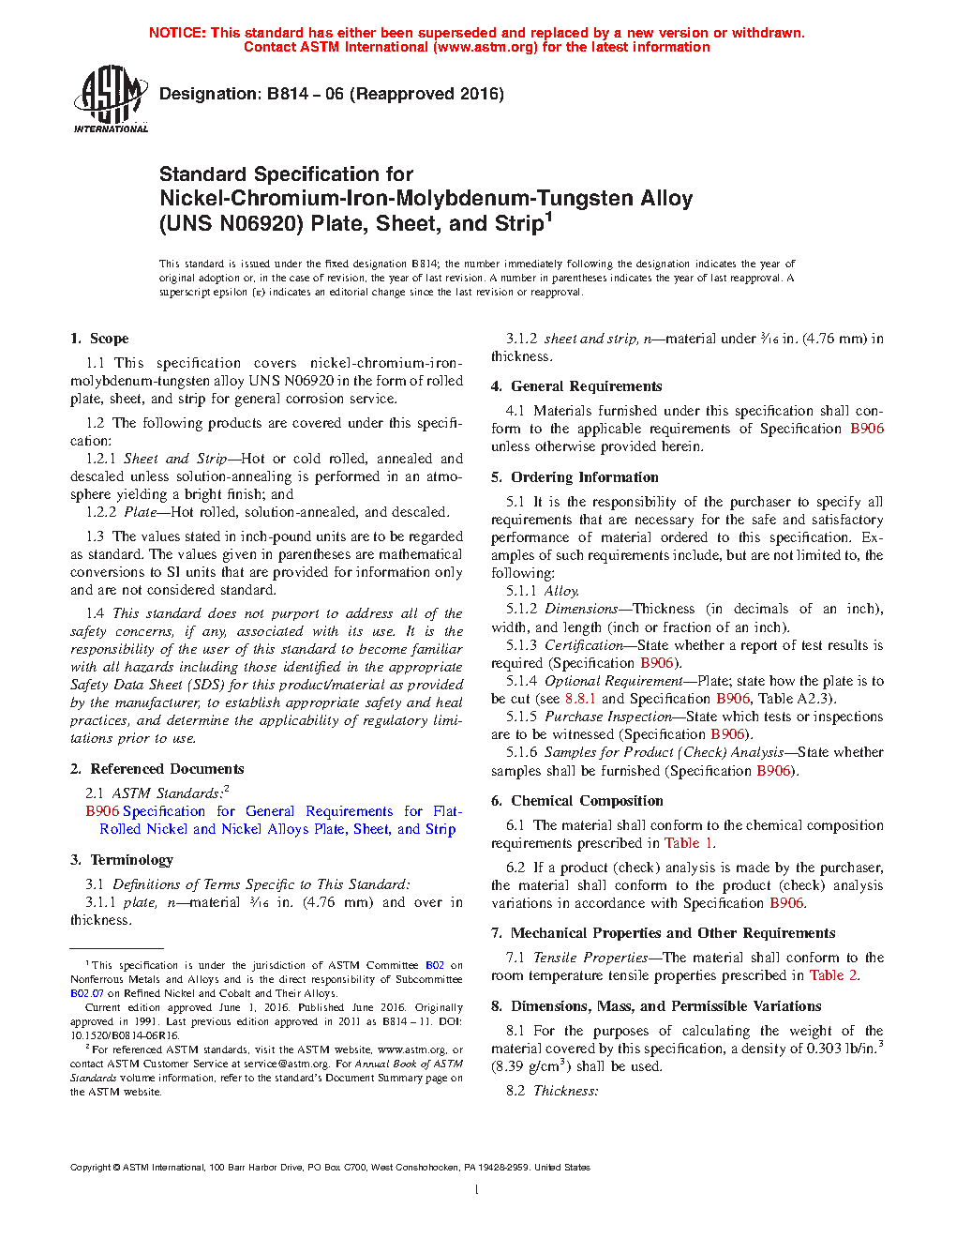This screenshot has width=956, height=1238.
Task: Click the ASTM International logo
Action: [x=110, y=98]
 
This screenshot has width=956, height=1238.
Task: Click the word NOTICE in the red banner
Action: [x=177, y=33]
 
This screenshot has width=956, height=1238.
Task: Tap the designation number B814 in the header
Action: [x=288, y=94]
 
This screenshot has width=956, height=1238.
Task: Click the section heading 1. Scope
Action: [x=99, y=339]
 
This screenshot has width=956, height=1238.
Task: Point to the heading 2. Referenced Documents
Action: [x=157, y=769]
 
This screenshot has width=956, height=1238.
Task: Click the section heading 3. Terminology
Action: [x=122, y=860]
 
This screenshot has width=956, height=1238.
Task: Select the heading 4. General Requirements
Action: [x=576, y=386]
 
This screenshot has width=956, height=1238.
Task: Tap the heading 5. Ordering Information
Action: [x=575, y=477]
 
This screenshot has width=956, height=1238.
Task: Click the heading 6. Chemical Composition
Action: [x=577, y=801]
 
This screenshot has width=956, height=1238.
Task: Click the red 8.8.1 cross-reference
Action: [x=580, y=699]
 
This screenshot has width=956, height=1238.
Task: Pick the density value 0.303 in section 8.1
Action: [x=824, y=1049]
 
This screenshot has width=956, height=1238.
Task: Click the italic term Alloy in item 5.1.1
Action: [x=561, y=591]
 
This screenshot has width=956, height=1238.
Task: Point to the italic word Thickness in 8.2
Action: [x=565, y=1091]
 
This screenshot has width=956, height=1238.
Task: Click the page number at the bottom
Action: [x=477, y=1190]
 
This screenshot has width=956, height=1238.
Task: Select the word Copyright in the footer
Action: [x=90, y=1168]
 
